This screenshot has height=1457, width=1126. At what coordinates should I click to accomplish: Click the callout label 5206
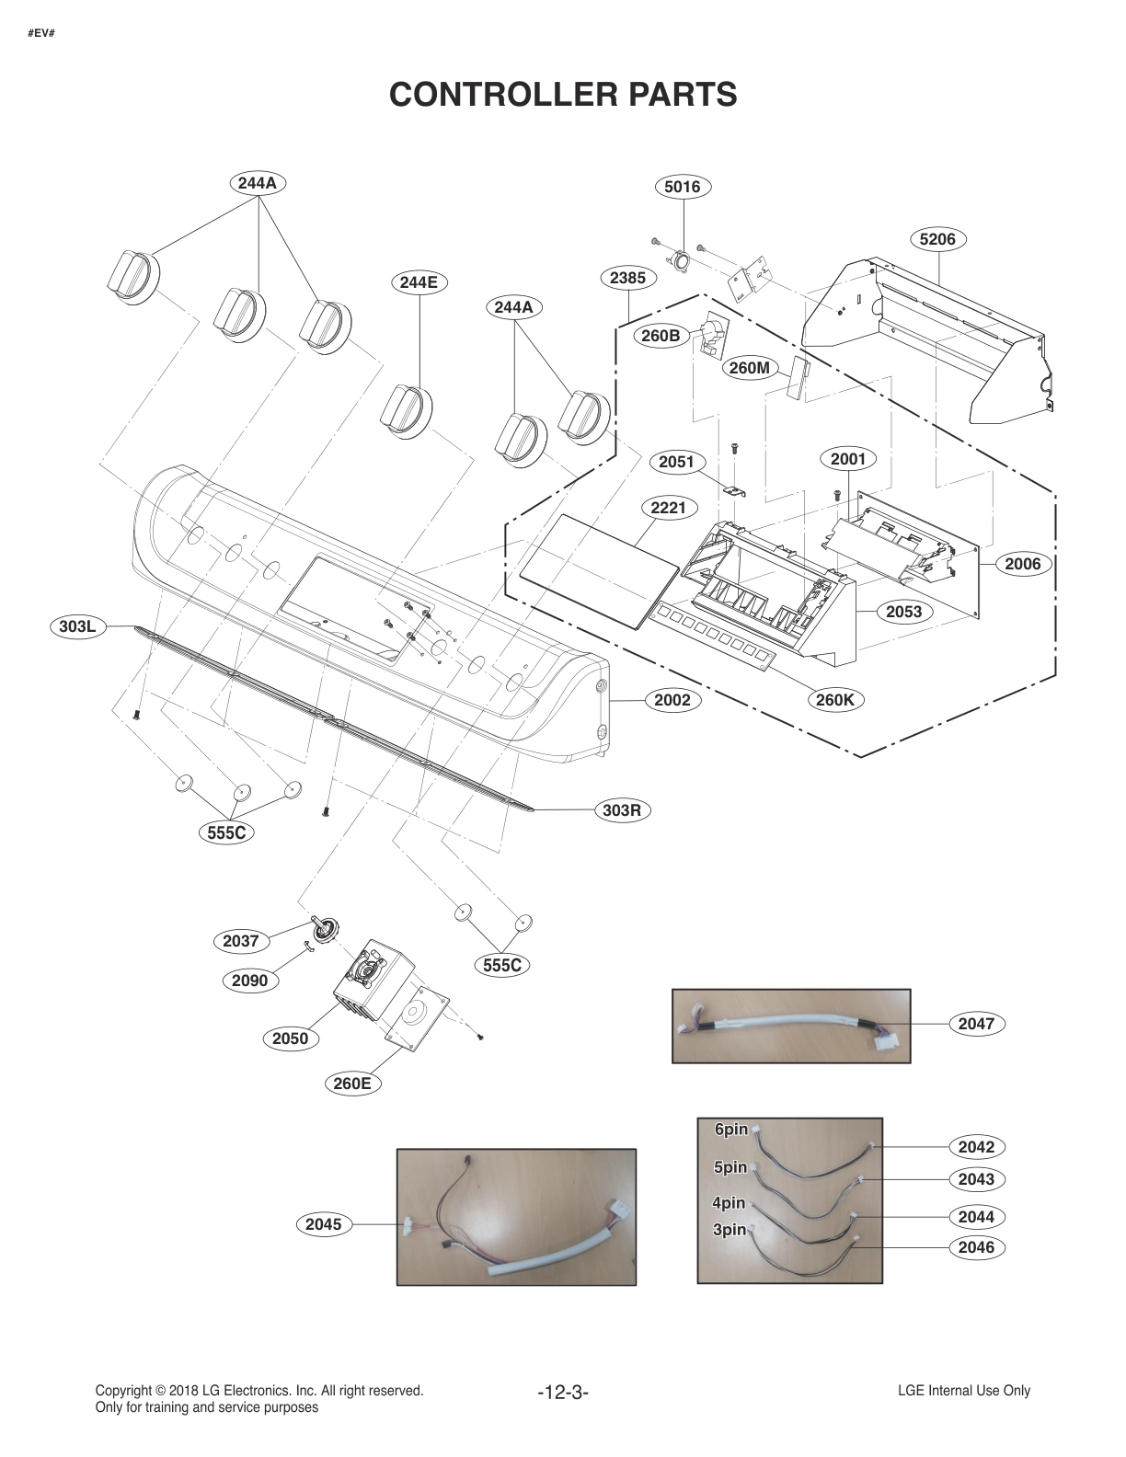(937, 239)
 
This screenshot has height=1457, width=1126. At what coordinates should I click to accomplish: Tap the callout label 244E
(419, 282)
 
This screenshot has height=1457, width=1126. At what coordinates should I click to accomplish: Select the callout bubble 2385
(627, 278)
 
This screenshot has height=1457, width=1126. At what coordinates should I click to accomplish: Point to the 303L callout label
(77, 627)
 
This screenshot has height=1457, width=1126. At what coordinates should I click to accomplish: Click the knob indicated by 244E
(406, 407)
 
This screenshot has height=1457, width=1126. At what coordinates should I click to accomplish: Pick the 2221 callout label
(668, 508)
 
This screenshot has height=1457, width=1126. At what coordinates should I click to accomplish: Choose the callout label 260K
(835, 699)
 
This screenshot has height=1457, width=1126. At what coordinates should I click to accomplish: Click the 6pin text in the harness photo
(731, 1130)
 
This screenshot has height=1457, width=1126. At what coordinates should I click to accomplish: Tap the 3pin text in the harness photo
(730, 1230)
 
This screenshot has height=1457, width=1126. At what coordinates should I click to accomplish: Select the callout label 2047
(976, 1024)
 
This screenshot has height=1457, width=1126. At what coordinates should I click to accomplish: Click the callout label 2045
(323, 1224)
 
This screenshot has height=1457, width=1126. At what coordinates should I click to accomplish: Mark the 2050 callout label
(290, 1038)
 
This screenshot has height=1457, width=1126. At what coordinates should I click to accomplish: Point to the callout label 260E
(352, 1084)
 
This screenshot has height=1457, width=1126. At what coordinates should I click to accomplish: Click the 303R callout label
(622, 810)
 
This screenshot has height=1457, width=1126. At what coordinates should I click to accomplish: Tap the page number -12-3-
(563, 1393)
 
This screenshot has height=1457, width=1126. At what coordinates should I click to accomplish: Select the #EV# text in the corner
(41, 34)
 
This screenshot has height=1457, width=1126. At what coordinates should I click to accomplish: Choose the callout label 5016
(683, 187)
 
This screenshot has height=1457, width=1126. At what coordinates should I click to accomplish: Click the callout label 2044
(976, 1217)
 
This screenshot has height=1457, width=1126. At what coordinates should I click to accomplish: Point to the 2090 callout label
(249, 981)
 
